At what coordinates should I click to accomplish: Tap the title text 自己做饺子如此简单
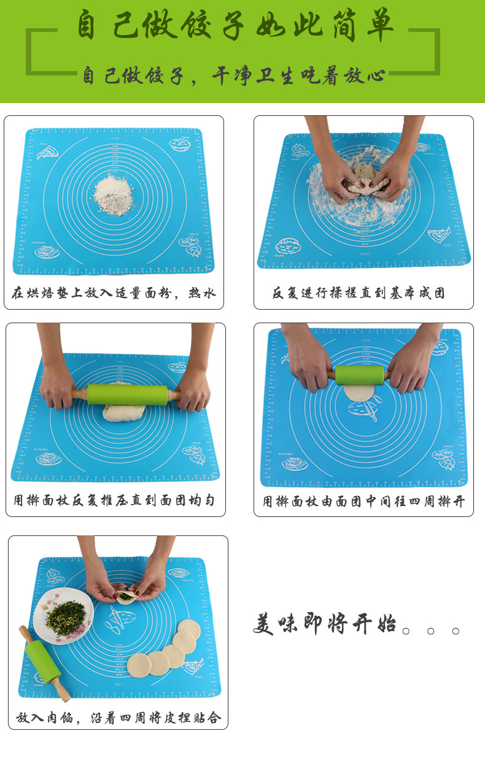(x=235, y=26)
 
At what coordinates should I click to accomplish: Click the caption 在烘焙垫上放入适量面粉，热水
(x=114, y=293)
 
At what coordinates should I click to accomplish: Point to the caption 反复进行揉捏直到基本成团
(x=359, y=293)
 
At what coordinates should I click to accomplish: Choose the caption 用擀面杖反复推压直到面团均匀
(x=114, y=500)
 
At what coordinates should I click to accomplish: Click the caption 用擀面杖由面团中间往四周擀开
(x=363, y=502)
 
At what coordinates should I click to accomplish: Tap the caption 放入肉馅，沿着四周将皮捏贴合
(x=118, y=718)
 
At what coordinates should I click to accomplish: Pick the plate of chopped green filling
(x=64, y=615)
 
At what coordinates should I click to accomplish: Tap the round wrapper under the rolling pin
(x=358, y=393)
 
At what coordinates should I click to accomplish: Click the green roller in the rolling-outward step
(x=360, y=375)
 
